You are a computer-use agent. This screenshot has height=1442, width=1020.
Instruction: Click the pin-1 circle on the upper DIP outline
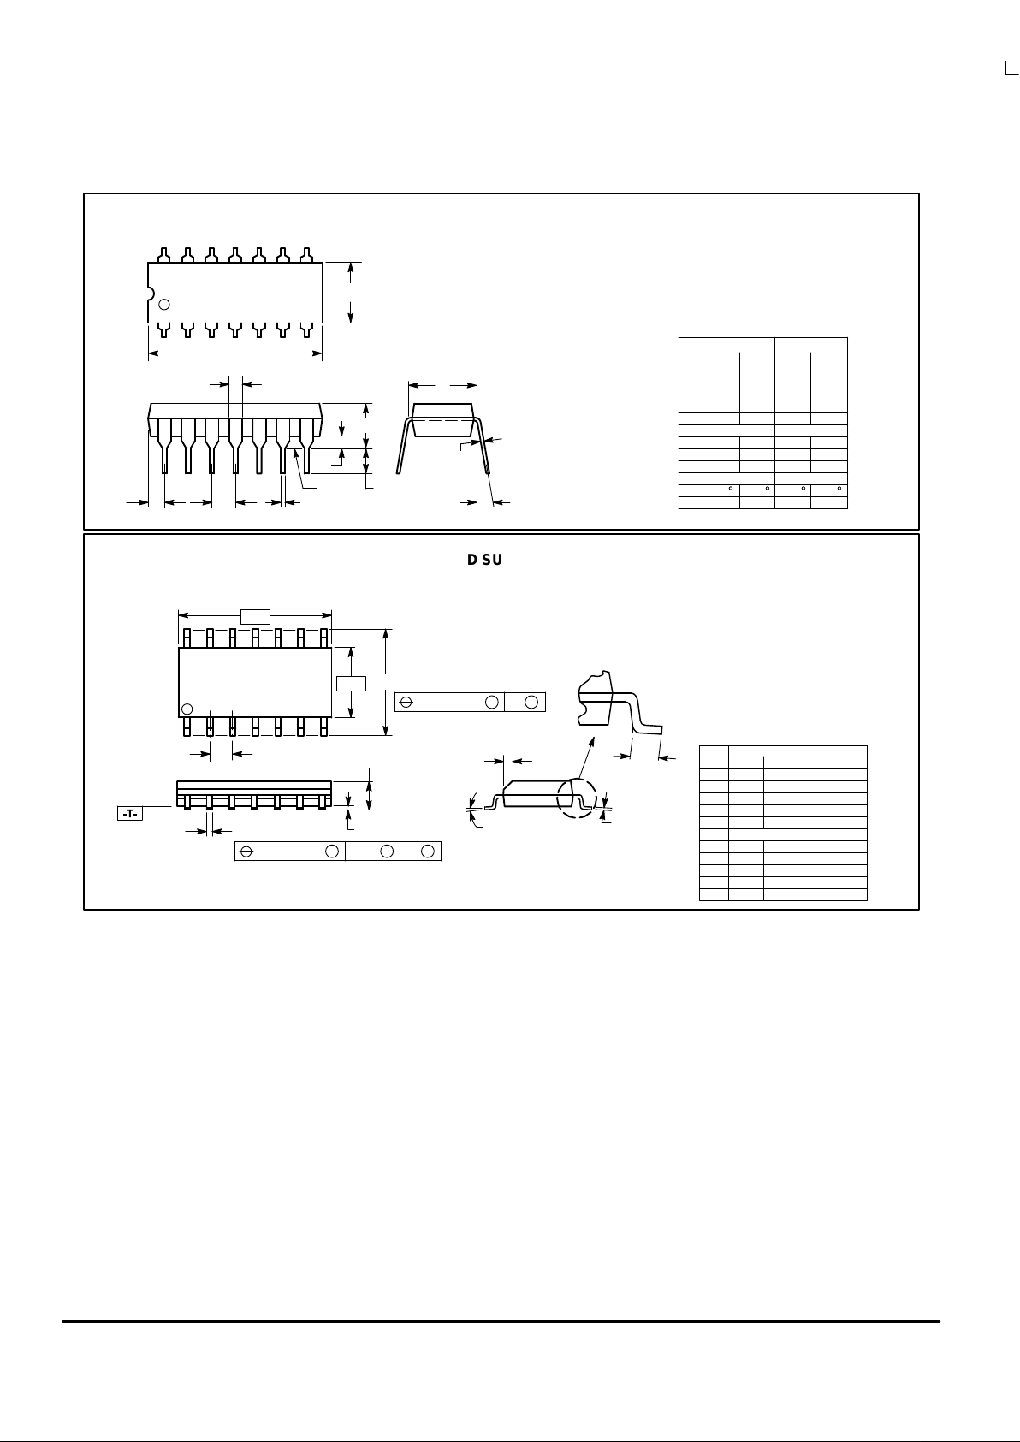pyautogui.click(x=165, y=304)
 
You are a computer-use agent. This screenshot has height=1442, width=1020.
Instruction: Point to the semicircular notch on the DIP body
pyautogui.click(x=151, y=294)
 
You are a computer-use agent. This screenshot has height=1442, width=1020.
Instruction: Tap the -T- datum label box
pyautogui.click(x=130, y=813)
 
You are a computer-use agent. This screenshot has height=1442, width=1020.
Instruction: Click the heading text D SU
pyautogui.click(x=484, y=560)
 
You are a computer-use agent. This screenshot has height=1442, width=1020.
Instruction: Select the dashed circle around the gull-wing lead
pyautogui.click(x=576, y=798)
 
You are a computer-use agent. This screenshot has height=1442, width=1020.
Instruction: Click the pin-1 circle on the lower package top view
pyautogui.click(x=187, y=709)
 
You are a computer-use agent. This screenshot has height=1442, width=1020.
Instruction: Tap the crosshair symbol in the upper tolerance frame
pyautogui.click(x=406, y=702)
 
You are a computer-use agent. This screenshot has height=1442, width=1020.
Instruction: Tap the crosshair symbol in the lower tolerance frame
pyautogui.click(x=246, y=851)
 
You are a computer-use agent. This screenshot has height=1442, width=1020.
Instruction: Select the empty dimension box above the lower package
pyautogui.click(x=255, y=616)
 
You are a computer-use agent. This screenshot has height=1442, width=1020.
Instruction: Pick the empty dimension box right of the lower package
pyautogui.click(x=351, y=683)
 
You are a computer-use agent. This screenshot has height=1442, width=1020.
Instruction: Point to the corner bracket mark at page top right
pyautogui.click(x=1011, y=68)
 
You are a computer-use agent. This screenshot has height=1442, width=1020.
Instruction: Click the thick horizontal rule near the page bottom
pyautogui.click(x=501, y=1321)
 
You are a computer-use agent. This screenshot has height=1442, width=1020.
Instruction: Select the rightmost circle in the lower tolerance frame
pyautogui.click(x=430, y=851)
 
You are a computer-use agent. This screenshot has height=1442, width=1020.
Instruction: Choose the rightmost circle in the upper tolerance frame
pyautogui.click(x=531, y=702)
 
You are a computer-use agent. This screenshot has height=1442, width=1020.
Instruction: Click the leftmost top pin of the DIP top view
pyautogui.click(x=164, y=254)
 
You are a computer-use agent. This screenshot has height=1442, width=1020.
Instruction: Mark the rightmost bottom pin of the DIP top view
pyautogui.click(x=306, y=330)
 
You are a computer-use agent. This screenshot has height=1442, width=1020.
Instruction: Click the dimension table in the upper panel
pyautogui.click(x=762, y=423)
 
